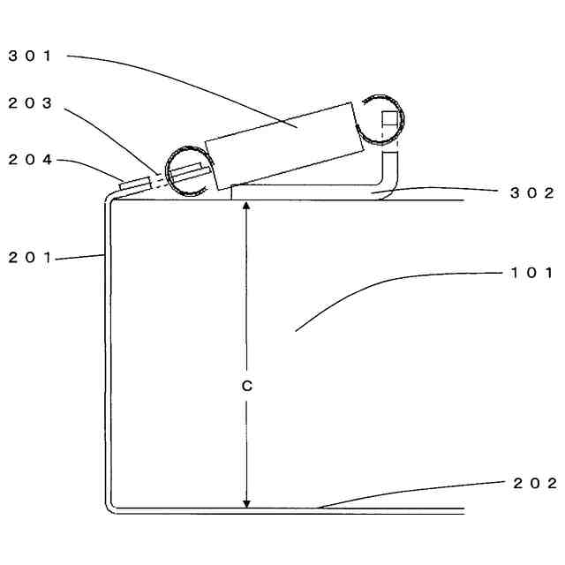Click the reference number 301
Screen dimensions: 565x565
tap(31, 56)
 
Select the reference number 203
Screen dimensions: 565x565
tap(31, 103)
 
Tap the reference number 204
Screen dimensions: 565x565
tap(31, 160)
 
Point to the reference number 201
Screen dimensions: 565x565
tap(31, 257)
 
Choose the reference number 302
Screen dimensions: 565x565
tap(532, 193)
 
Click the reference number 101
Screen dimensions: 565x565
tap(532, 273)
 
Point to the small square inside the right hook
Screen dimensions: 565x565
tap(389, 118)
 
